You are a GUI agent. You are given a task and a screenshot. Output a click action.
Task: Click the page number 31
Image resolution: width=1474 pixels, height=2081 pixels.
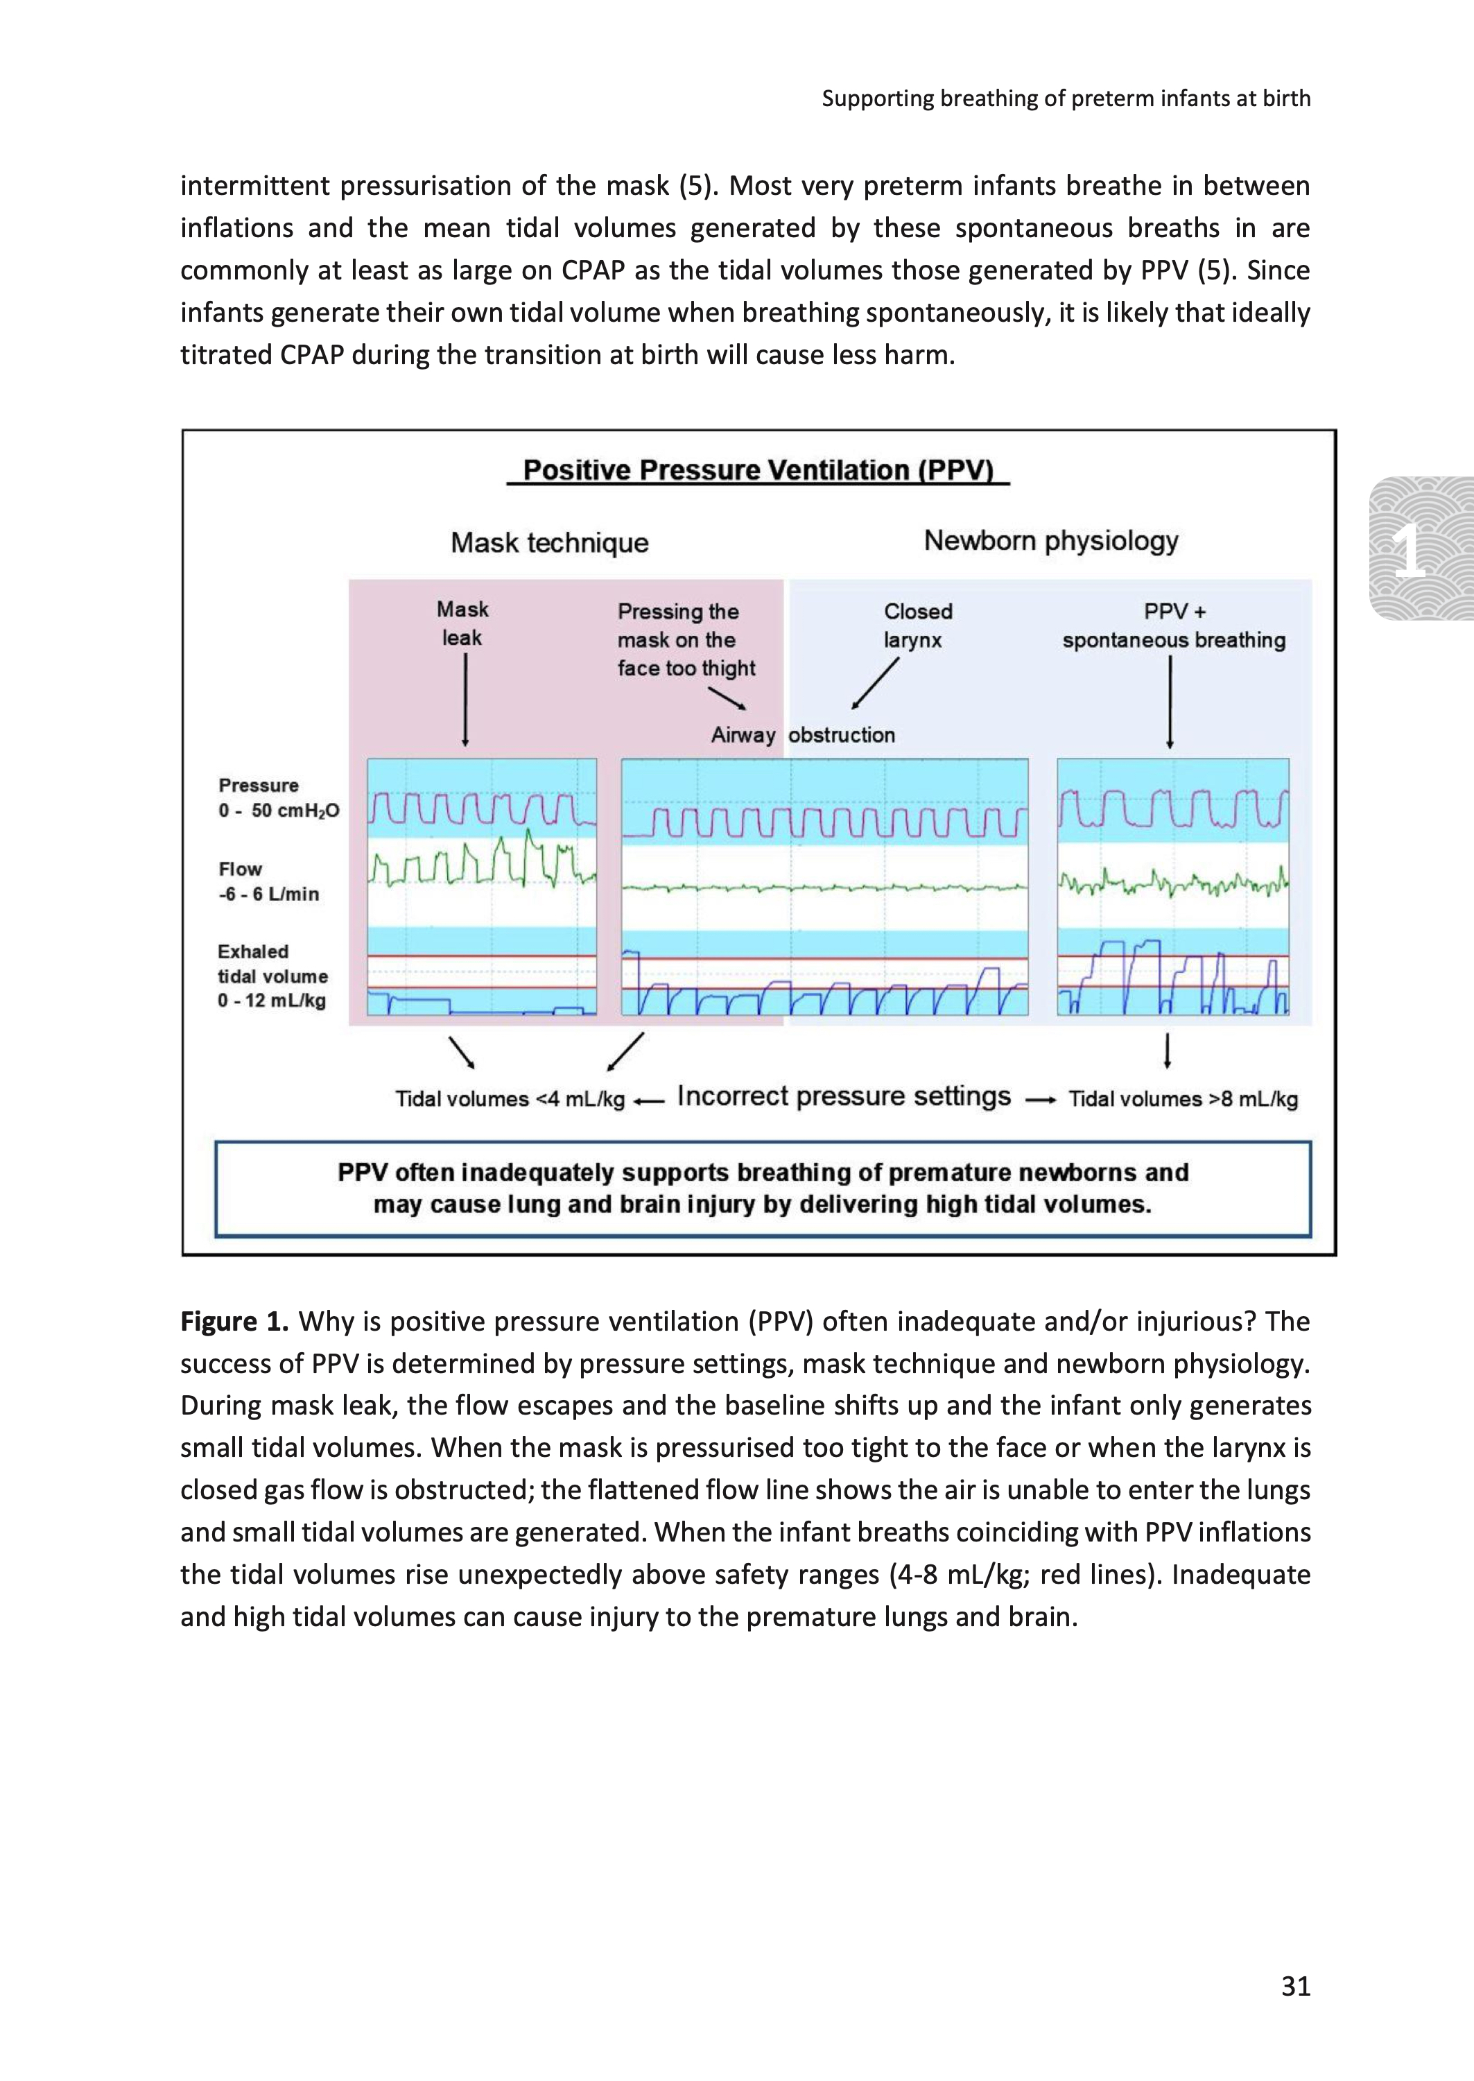[1295, 1986]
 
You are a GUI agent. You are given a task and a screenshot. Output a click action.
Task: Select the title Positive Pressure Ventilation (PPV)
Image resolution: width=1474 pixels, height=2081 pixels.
[758, 470]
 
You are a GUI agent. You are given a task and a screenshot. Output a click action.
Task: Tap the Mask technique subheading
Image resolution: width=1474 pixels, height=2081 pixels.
[549, 543]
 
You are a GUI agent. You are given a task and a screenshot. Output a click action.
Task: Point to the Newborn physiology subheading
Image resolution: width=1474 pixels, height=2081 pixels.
[1050, 541]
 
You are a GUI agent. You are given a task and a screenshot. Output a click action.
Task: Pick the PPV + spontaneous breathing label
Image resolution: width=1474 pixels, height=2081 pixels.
[1174, 625]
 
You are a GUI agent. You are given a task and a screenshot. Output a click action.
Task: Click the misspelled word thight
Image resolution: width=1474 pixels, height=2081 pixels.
[729, 669]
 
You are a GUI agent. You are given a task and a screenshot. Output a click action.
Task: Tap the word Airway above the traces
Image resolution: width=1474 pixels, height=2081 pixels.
[743, 735]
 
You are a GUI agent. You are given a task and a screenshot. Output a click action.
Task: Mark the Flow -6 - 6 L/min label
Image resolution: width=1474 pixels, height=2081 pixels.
[268, 882]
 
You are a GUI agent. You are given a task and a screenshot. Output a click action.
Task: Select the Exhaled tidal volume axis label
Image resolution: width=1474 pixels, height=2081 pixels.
[272, 976]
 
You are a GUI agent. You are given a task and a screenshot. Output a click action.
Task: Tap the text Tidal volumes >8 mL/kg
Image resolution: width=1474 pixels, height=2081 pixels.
[1183, 1099]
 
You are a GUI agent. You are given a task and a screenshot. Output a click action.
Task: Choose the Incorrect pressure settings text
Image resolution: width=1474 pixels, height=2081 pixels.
[843, 1096]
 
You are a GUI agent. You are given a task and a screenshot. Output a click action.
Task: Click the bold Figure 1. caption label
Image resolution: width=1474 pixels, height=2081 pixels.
[234, 1322]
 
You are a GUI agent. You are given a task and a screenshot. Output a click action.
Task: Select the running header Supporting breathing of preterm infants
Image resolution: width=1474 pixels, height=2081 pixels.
[1066, 98]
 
